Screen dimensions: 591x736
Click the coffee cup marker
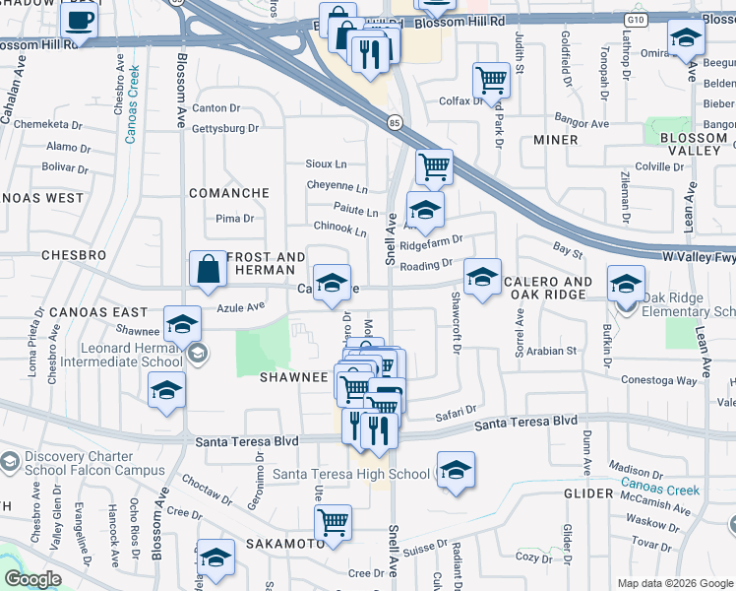coord(80,21)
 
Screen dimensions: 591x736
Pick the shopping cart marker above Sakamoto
coord(334,521)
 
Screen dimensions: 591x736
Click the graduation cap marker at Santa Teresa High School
coord(456,470)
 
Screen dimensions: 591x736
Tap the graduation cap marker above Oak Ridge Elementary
coord(626,285)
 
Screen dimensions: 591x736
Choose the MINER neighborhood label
coord(556,140)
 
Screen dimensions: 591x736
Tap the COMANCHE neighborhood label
coord(229,193)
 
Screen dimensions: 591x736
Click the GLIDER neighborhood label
coord(589,492)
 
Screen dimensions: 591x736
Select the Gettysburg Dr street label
coord(225,128)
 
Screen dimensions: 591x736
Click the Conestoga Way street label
coord(658,380)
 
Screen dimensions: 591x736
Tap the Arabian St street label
coord(552,351)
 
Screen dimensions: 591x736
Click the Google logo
coord(33,580)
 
